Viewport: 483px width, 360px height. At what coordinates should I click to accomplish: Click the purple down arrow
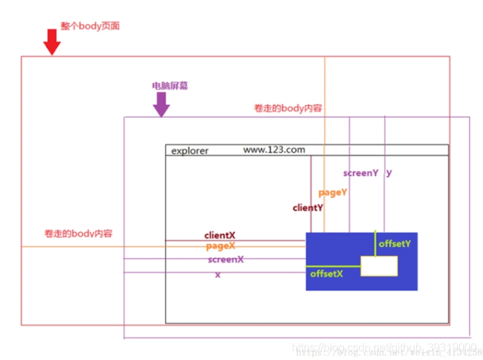[161, 104]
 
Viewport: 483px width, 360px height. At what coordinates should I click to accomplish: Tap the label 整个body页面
[90, 25]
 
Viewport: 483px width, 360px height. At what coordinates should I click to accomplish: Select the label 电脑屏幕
[170, 86]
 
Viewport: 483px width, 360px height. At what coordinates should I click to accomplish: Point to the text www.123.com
[274, 149]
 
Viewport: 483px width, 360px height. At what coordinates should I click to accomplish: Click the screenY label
[360, 173]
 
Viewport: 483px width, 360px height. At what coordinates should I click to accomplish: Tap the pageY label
[333, 192]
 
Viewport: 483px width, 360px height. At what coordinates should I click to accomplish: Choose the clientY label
[308, 207]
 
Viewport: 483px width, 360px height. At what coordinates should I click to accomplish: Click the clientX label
[219, 235]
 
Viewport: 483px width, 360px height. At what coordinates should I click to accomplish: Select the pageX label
[221, 246]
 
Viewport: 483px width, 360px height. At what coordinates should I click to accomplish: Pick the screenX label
[225, 259]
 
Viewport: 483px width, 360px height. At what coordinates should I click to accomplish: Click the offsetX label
[326, 273]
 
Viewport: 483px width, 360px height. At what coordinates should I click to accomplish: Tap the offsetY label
[395, 243]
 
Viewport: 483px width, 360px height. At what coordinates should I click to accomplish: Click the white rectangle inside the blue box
[379, 266]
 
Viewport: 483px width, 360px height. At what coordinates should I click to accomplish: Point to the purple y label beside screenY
[389, 173]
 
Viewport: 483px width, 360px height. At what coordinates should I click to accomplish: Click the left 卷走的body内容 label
[78, 233]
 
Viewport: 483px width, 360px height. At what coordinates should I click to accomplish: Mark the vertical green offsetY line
[375, 244]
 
